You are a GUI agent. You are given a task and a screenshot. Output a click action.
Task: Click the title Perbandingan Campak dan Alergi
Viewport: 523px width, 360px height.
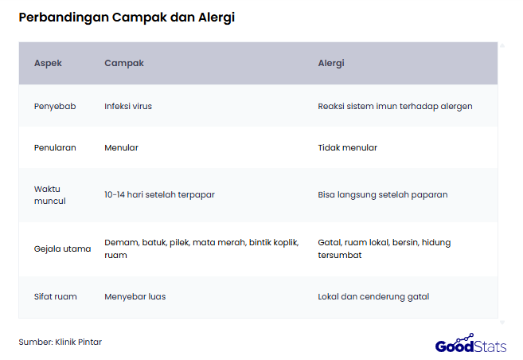(127, 18)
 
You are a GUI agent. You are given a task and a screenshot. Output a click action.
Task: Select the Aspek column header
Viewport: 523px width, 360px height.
(48, 63)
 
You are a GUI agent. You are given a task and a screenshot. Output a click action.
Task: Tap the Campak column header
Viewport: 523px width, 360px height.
(124, 63)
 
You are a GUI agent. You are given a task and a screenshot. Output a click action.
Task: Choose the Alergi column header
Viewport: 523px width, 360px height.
(331, 63)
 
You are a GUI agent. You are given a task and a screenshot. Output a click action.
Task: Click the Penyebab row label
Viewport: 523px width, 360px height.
(55, 106)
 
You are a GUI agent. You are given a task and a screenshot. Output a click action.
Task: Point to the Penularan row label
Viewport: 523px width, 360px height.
(55, 147)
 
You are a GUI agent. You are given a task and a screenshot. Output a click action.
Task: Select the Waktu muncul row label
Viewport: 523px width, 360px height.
(49, 195)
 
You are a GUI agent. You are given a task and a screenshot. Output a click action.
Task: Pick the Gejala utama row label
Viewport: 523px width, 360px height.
(62, 248)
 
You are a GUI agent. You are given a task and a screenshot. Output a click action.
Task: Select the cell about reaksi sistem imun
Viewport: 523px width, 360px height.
(395, 106)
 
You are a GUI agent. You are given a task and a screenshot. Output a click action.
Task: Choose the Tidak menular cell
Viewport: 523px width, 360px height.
(347, 147)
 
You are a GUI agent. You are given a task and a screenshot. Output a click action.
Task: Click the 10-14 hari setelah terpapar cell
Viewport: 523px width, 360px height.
(159, 195)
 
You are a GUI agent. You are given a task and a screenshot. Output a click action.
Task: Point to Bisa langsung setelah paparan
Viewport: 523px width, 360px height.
(382, 195)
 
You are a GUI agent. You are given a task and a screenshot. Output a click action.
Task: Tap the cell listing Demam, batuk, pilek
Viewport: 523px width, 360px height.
(201, 248)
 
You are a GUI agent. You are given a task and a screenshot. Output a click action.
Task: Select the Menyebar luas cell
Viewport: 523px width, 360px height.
(135, 297)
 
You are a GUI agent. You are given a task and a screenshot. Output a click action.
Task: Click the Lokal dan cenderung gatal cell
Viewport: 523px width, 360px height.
(373, 297)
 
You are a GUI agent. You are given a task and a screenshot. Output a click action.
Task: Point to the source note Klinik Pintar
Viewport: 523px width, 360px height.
(60, 342)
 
